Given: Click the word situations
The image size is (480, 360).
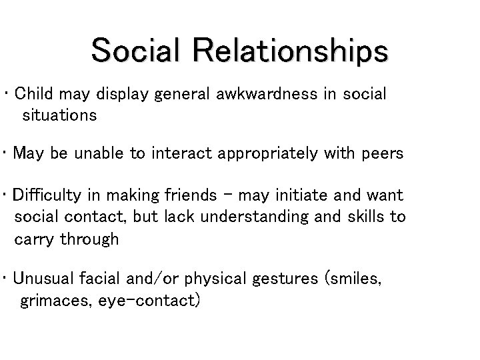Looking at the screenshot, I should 59,115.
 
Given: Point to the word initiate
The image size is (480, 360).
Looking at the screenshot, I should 307,196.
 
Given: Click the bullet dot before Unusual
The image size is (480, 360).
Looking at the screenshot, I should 6,279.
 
